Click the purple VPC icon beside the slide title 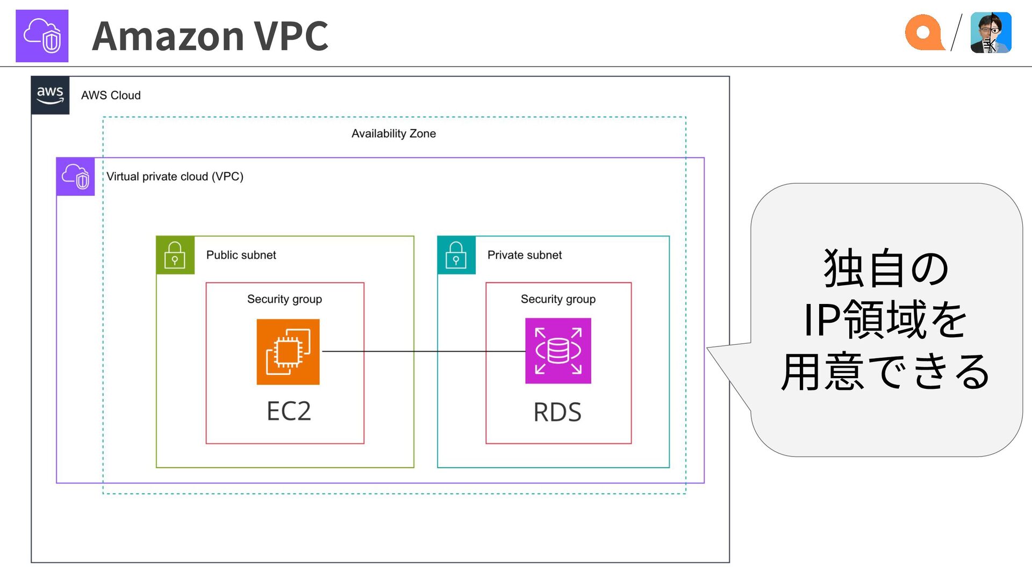tap(42, 36)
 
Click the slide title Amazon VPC tap(210, 36)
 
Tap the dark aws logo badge tap(51, 96)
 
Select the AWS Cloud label tap(111, 95)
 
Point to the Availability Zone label tap(393, 133)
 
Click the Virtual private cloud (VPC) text tap(175, 176)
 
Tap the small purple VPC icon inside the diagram tap(76, 177)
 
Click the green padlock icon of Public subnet tap(175, 255)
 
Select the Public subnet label tap(241, 255)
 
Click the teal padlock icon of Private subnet tap(456, 255)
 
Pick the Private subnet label tap(525, 255)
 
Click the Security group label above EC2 tap(284, 299)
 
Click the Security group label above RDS tap(558, 299)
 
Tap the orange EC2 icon tap(288, 352)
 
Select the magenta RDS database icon tap(558, 351)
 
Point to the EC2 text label tap(289, 411)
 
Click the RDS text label tap(557, 412)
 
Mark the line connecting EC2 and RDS tap(424, 351)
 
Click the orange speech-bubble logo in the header tap(924, 32)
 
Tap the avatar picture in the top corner tap(991, 32)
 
